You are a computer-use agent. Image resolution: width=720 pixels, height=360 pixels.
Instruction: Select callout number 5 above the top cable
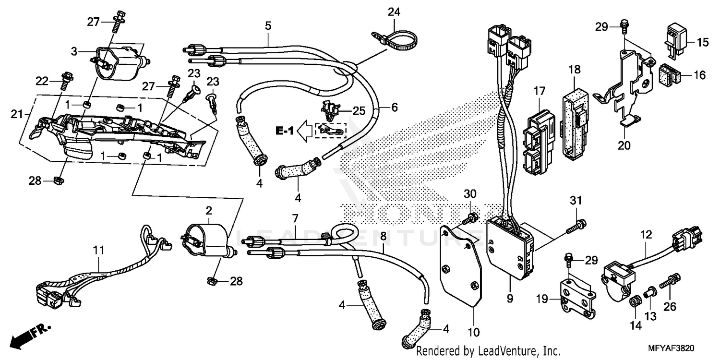(x=268, y=26)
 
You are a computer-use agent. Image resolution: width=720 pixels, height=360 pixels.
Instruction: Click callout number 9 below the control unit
(x=510, y=299)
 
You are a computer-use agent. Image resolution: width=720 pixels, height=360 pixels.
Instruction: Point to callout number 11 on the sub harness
(x=98, y=250)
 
